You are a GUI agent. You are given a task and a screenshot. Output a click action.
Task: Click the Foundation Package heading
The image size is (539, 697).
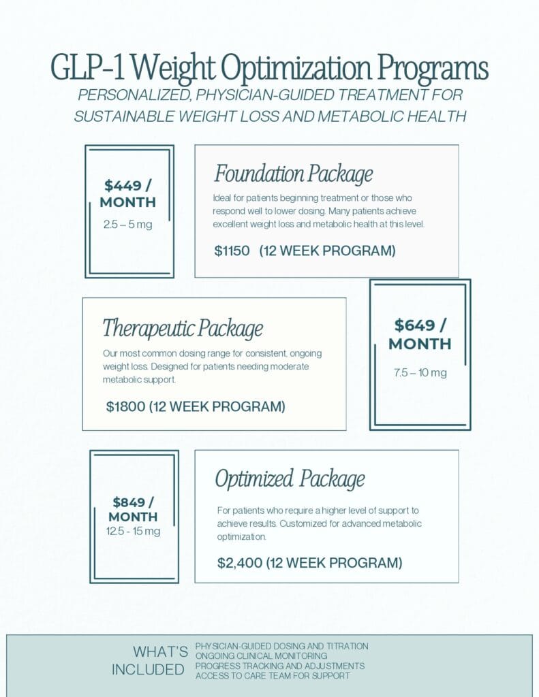[x=293, y=174]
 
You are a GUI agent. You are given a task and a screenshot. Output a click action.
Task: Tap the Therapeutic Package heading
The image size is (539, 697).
[x=183, y=329]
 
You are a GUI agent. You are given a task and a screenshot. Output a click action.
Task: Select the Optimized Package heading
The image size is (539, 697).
[x=290, y=479]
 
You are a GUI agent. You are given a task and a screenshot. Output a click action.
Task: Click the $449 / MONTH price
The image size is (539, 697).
[x=128, y=193]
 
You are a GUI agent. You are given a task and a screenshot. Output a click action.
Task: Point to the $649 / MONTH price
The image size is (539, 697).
[x=420, y=334]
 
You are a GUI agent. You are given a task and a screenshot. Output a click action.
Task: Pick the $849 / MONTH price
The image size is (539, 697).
[x=134, y=509]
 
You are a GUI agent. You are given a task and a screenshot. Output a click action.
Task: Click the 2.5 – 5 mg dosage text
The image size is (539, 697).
[x=128, y=225]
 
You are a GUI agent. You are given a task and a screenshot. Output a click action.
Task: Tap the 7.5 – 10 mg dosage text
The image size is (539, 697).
[x=420, y=372]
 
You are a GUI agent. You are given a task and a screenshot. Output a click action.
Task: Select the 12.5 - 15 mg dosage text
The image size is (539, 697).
[x=134, y=531]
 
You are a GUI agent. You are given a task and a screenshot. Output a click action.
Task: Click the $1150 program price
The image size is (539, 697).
[x=232, y=251]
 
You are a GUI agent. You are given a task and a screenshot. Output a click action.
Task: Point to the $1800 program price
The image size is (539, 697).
[x=125, y=407]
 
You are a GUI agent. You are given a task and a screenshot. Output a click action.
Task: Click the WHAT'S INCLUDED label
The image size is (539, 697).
[x=149, y=660]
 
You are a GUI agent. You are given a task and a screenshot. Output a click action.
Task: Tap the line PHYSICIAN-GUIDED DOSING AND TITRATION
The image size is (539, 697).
[x=281, y=646]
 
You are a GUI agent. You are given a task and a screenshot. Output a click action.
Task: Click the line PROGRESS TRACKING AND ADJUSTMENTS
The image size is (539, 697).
[x=279, y=666]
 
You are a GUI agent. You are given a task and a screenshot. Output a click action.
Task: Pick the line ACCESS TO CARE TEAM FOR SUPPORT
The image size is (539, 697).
[x=273, y=675]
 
